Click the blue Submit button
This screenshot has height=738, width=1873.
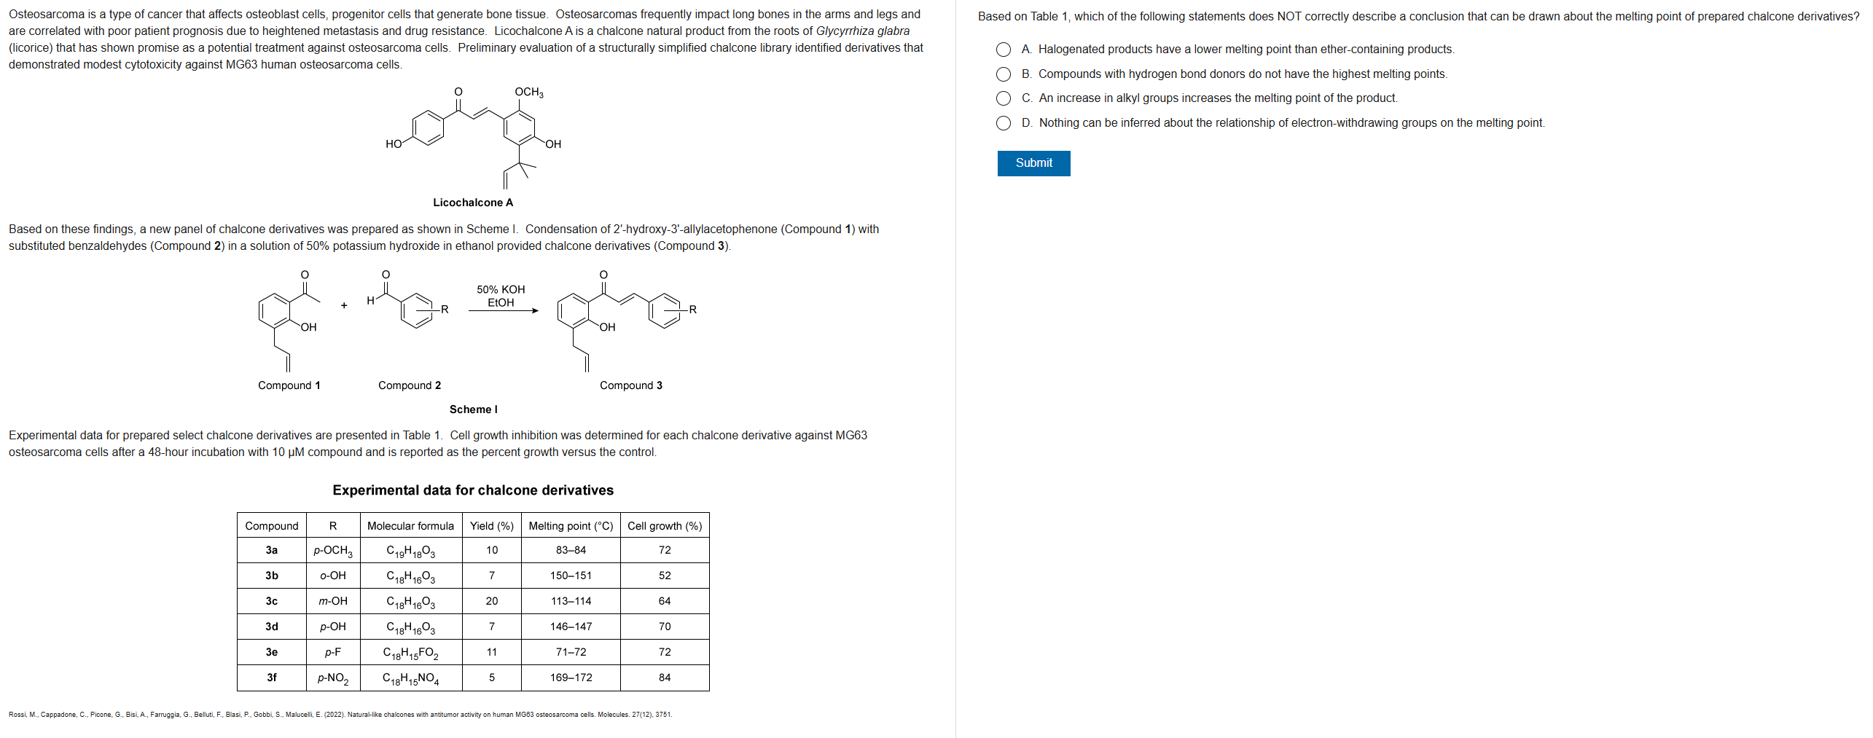1033,163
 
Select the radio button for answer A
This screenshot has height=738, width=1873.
1004,50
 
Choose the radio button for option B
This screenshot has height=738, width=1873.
1004,74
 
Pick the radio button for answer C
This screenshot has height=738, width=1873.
1004,98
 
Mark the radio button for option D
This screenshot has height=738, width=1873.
1004,123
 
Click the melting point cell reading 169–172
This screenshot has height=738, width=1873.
571,678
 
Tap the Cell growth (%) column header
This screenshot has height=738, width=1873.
664,526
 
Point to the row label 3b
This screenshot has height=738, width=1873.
271,576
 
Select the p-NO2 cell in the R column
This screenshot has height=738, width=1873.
332,678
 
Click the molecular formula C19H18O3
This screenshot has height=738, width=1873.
410,551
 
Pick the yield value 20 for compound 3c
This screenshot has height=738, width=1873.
491,601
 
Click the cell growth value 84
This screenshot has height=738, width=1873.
664,678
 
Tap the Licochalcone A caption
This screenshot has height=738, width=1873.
472,203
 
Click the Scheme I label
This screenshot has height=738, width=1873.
473,409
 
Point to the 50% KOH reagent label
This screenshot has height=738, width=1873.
501,289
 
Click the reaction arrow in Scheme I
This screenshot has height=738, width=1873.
503,310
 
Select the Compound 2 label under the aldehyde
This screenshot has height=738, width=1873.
409,385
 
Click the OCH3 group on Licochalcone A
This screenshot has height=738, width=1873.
528,92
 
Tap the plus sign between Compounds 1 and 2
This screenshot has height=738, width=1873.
344,305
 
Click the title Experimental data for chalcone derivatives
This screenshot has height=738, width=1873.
472,490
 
